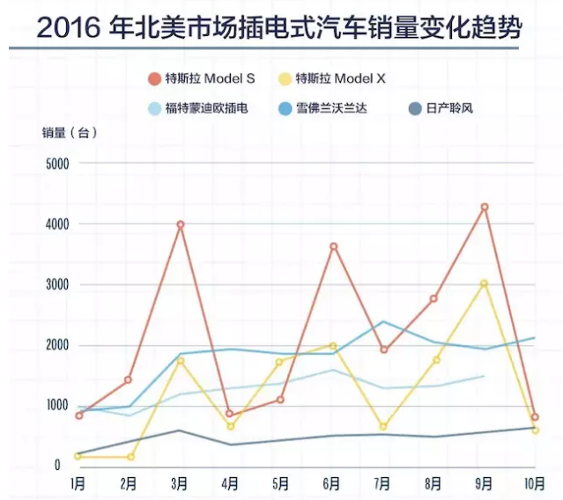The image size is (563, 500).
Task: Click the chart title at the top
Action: (x=280, y=30)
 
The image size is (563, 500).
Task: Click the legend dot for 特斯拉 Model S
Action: (x=155, y=78)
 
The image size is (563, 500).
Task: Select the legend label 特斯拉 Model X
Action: (x=340, y=78)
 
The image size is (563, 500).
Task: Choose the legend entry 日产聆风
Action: (x=455, y=109)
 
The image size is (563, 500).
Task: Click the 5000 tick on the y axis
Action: (x=57, y=164)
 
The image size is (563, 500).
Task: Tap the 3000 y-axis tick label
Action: (x=57, y=284)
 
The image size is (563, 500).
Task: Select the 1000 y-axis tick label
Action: (x=57, y=406)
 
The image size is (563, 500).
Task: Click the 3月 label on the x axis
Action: (x=180, y=484)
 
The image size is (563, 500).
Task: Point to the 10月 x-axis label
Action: (x=533, y=484)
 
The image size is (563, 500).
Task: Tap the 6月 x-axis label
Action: (x=333, y=484)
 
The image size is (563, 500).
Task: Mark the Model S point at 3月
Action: (x=180, y=224)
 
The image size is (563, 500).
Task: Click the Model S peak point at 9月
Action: (x=485, y=207)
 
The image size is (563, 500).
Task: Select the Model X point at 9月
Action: (x=485, y=283)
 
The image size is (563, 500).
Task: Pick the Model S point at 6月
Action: (x=333, y=246)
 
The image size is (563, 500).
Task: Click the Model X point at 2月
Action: (x=130, y=457)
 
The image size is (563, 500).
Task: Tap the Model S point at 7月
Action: (x=384, y=349)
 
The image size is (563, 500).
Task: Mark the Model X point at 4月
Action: (x=231, y=426)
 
